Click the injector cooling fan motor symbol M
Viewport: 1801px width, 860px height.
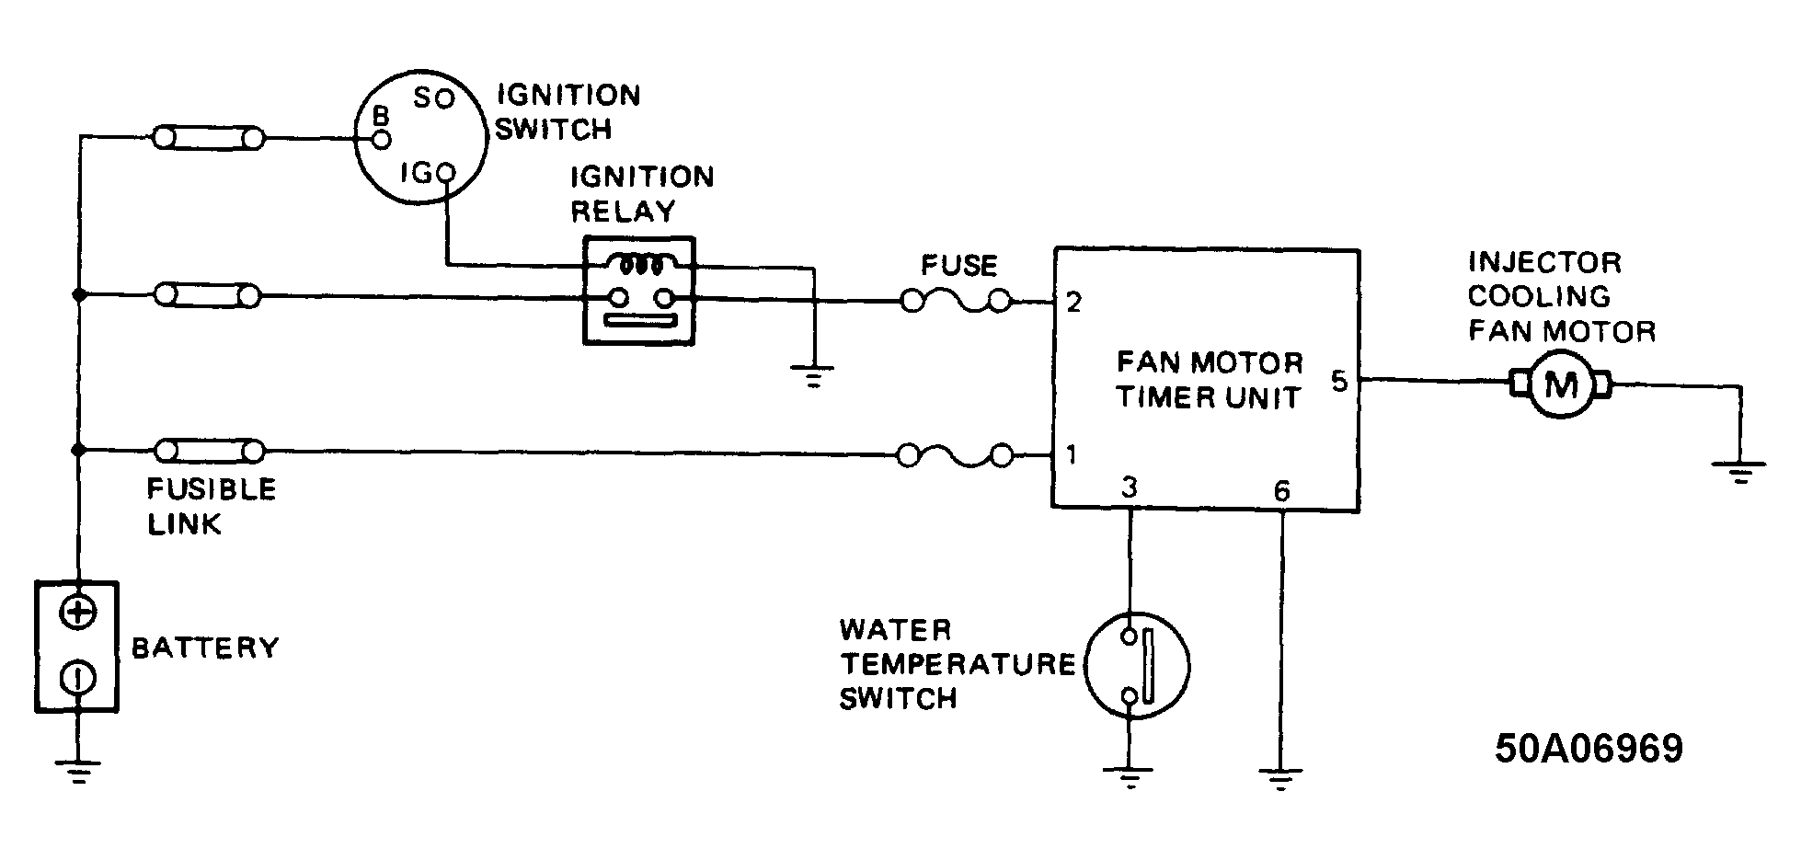click(x=1560, y=384)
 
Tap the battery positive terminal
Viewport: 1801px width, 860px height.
click(x=78, y=613)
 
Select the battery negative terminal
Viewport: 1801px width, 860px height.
click(x=78, y=679)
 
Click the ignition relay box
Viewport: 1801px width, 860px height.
click(x=638, y=291)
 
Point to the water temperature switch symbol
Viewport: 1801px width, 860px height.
click(x=1137, y=665)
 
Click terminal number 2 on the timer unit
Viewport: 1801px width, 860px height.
click(x=1073, y=303)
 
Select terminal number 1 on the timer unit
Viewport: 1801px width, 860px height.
click(x=1072, y=454)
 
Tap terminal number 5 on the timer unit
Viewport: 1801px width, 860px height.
click(x=1339, y=381)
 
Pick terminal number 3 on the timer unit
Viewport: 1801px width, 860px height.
click(x=1130, y=487)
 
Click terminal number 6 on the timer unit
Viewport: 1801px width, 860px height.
click(x=1281, y=491)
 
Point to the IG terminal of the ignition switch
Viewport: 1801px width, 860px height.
click(x=446, y=172)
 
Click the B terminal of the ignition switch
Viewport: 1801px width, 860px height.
click(x=382, y=139)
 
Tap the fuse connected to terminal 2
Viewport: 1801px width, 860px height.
click(x=957, y=301)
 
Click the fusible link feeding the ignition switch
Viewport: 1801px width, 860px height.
click(x=209, y=139)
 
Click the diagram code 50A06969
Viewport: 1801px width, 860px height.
click(x=1589, y=749)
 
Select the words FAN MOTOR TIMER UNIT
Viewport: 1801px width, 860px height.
click(x=1209, y=380)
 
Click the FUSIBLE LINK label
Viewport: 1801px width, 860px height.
click(x=212, y=507)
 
